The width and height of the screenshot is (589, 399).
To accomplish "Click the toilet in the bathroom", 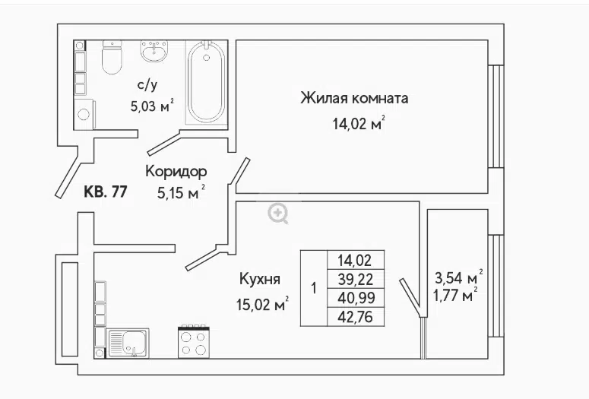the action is pos(112,57).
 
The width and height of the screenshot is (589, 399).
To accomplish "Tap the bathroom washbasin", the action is pos(154,51).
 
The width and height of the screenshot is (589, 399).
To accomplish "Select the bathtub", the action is pos(206,82).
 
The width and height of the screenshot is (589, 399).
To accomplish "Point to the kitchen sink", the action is pos(128,343).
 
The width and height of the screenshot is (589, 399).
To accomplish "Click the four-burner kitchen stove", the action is pos(194,341).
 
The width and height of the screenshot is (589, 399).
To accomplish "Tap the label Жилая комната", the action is pos(354,98).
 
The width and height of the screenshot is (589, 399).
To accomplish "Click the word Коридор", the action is pos(176,172).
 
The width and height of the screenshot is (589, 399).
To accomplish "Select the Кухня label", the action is pos(260,279).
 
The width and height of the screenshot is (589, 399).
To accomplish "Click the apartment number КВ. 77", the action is pos(106,192).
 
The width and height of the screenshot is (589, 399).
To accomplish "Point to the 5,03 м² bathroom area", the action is pos(152,106).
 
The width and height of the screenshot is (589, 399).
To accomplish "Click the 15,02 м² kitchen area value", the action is pos(262,303).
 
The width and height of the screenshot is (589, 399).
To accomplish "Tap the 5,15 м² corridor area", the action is pos(182,192).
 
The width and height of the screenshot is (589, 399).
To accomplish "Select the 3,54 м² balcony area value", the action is pos(458,277).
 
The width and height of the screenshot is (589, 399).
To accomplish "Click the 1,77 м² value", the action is pos(456,295).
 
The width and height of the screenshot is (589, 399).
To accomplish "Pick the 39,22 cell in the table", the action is pos(356,279).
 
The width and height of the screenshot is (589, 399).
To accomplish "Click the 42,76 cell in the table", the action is pos(356,317).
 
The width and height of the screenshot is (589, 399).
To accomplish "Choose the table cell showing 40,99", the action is pos(356,298).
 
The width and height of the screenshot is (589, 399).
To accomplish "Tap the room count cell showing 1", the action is pos(314,288).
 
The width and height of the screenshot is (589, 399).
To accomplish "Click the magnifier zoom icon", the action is pos(278,214).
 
